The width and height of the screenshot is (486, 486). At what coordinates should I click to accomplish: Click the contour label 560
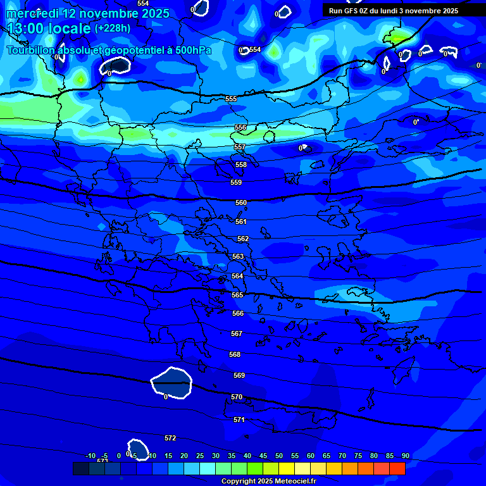[241, 203]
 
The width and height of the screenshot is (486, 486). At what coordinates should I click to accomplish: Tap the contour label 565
[237, 296]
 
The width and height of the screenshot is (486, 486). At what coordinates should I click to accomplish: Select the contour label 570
[237, 397]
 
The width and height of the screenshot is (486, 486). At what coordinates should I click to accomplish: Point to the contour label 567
[237, 333]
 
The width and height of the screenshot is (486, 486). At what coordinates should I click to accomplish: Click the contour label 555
[231, 99]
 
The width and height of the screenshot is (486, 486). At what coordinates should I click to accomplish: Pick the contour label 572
[170, 438]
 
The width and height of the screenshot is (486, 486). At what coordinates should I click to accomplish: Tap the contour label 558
[241, 165]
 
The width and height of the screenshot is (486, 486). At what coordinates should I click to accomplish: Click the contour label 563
[238, 256]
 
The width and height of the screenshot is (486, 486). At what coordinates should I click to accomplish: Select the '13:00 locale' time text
[49, 28]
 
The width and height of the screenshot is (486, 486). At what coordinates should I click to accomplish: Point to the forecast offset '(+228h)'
[113, 28]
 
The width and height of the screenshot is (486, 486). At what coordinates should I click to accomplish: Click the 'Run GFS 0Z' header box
[394, 11]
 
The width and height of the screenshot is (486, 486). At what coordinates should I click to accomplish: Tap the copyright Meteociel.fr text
[268, 482]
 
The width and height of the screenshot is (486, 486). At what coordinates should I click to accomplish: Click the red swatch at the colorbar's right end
[397, 468]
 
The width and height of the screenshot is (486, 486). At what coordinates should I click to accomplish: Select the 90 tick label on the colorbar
[405, 456]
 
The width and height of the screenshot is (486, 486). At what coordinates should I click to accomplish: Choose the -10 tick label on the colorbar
[90, 456]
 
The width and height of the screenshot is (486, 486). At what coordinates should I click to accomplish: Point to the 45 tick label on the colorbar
[263, 456]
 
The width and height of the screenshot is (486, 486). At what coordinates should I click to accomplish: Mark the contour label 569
[239, 375]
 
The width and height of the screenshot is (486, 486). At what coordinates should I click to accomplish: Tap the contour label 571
[239, 420]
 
